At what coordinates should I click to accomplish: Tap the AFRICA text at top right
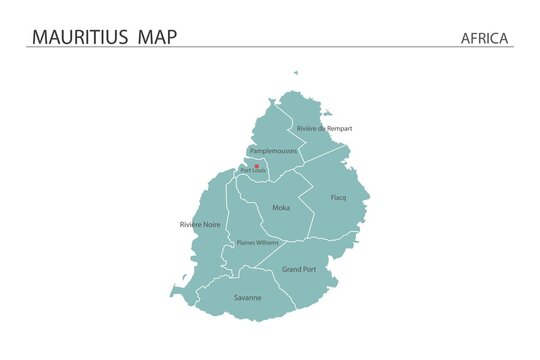pyautogui.click(x=485, y=38)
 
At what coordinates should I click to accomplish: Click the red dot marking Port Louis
pyautogui.click(x=257, y=166)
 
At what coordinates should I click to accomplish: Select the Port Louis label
pyautogui.click(x=252, y=172)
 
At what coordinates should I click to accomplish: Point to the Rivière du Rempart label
pyautogui.click(x=324, y=129)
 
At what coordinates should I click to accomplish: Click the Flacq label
pyautogui.click(x=338, y=198)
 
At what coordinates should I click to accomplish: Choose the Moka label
pyautogui.click(x=281, y=208)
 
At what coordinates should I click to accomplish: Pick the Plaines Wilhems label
pyautogui.click(x=258, y=243)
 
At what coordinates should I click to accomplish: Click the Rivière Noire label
pyautogui.click(x=200, y=225)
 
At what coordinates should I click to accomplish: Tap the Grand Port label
pyautogui.click(x=298, y=269)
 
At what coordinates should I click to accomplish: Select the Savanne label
pyautogui.click(x=248, y=298)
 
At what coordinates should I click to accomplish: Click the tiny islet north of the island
pyautogui.click(x=295, y=72)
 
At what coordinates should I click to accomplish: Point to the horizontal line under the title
pyautogui.click(x=270, y=47)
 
